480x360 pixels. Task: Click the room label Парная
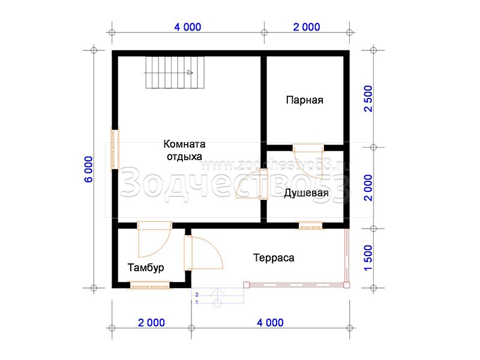(x=305, y=100)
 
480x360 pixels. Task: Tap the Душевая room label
(x=306, y=193)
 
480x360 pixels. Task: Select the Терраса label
(x=274, y=258)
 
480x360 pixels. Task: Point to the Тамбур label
(x=146, y=268)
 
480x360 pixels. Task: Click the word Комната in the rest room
(x=184, y=144)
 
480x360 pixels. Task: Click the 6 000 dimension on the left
(x=88, y=169)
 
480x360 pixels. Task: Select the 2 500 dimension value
(x=368, y=98)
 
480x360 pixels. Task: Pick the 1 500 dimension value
(x=368, y=258)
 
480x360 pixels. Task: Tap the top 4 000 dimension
(x=188, y=27)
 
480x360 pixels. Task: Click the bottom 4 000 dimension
(x=270, y=322)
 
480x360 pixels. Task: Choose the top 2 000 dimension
(x=307, y=27)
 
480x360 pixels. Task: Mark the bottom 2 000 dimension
(x=151, y=322)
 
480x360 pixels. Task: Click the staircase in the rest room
(x=175, y=73)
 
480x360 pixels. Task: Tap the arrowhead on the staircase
(x=190, y=73)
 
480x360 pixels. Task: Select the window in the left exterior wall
(x=115, y=149)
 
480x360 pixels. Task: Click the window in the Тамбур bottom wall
(x=149, y=286)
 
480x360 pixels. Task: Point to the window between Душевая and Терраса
(x=310, y=226)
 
